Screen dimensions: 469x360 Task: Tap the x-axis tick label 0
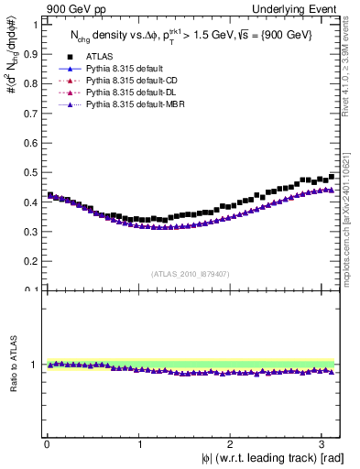[47, 444]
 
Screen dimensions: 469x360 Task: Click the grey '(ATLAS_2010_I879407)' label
[190, 273]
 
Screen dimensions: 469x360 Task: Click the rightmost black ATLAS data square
[332, 177]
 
